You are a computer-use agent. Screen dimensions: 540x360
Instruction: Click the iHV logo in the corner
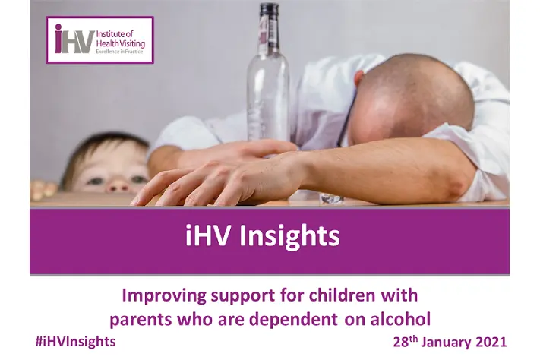pos(99,40)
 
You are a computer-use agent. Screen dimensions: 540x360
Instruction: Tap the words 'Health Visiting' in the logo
pos(121,44)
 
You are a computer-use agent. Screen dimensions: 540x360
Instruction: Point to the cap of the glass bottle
pos(269,9)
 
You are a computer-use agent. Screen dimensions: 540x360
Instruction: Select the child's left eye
pos(138,179)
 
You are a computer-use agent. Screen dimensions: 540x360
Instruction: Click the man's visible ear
pos(358,78)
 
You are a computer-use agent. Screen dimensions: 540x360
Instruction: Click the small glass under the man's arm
pos(331,198)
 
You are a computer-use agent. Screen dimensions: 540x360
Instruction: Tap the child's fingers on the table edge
pos(43,189)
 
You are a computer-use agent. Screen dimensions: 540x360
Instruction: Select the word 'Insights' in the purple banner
pos(289,237)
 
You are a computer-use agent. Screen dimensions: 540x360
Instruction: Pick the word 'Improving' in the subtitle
pos(164,296)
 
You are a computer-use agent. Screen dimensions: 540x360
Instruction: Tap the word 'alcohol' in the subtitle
pos(400,319)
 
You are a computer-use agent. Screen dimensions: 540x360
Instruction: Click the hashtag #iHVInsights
pos(75,342)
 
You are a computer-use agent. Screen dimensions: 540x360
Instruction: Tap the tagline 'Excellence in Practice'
pos(119,52)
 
